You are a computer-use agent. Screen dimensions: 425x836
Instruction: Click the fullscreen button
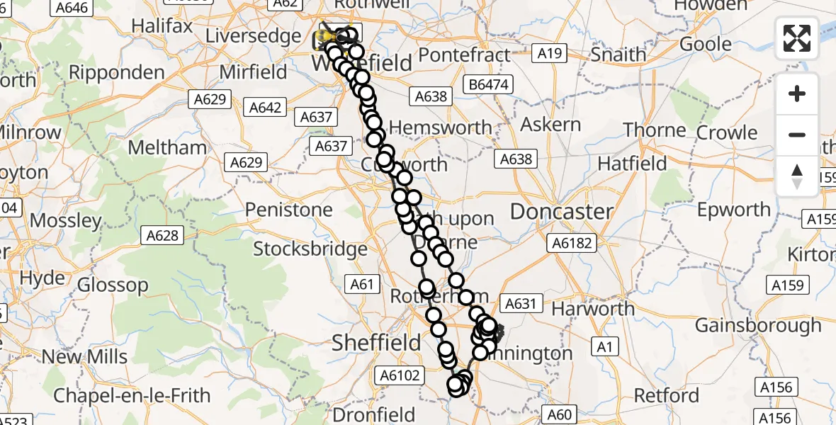point(797,38)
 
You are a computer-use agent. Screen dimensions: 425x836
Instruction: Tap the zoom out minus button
point(797,135)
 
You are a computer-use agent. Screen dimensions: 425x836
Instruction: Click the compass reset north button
point(797,176)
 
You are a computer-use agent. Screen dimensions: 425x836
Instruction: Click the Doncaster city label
point(561,211)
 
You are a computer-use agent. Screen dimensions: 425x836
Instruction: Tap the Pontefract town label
point(465,55)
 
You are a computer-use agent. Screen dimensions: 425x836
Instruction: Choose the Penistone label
point(288,210)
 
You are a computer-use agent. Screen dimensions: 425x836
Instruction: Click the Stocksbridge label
point(310,249)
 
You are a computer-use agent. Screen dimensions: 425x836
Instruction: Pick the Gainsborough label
point(758,325)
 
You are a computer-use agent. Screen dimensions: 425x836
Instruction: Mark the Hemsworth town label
point(440,127)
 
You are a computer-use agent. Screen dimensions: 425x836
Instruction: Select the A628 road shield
point(162,235)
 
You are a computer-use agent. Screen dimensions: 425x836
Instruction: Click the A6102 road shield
point(402,375)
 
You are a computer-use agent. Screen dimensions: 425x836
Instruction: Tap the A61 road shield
point(361,285)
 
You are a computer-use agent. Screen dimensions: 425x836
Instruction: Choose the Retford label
point(666,395)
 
